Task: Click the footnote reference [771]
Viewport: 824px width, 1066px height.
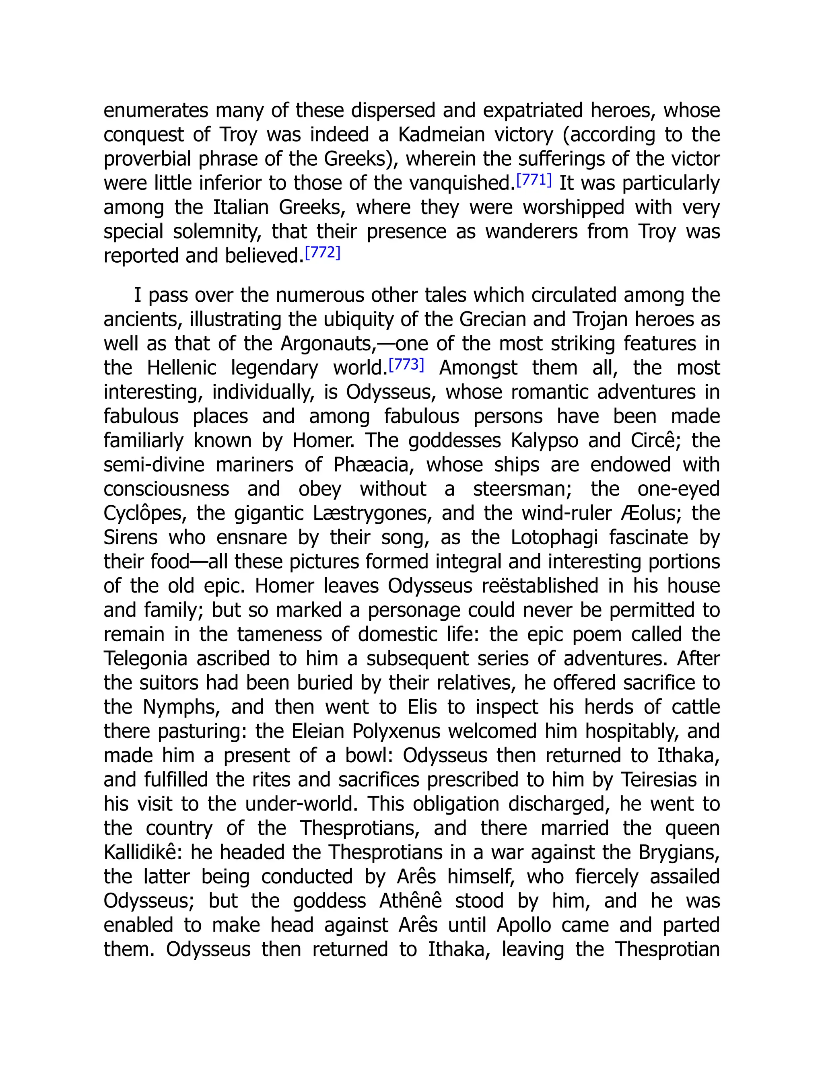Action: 534,181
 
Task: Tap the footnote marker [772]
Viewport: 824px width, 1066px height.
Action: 322,253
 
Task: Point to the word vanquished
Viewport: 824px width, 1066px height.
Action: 462,183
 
